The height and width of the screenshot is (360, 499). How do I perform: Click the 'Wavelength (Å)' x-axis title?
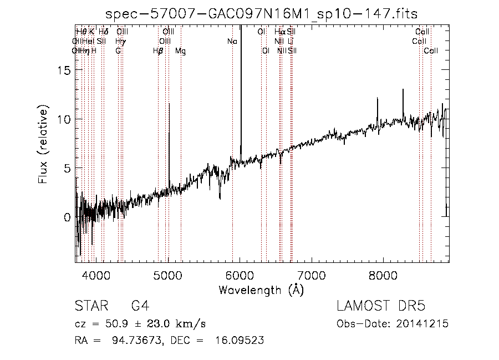click(x=261, y=290)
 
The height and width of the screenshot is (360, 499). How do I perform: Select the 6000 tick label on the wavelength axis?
click(x=240, y=275)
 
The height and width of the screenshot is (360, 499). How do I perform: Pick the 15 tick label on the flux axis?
click(x=64, y=70)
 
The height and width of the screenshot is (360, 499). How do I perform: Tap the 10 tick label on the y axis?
click(x=64, y=119)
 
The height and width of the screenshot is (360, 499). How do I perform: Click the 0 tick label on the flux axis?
click(x=68, y=217)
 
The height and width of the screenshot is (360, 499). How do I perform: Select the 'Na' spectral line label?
click(x=232, y=41)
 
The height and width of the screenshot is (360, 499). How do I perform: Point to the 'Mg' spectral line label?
click(x=181, y=50)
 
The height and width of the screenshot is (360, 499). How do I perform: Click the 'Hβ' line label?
click(x=158, y=50)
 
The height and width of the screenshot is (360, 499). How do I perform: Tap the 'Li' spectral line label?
click(x=291, y=41)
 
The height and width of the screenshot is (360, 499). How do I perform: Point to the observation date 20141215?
click(x=426, y=324)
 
